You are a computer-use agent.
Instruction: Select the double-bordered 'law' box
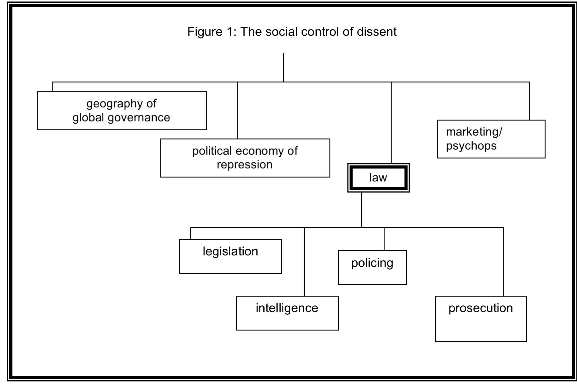click(378, 178)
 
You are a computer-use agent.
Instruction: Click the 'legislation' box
click(230, 256)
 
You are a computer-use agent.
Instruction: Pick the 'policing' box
click(372, 267)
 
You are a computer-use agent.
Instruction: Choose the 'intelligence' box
click(287, 313)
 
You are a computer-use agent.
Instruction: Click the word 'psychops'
click(471, 146)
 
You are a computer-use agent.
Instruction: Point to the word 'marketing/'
click(474, 132)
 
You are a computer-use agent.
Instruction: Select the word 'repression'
click(244, 165)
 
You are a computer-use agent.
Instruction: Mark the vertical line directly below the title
click(283, 67)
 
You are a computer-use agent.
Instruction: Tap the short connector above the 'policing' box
click(384, 239)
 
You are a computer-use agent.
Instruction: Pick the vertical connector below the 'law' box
click(361, 210)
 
